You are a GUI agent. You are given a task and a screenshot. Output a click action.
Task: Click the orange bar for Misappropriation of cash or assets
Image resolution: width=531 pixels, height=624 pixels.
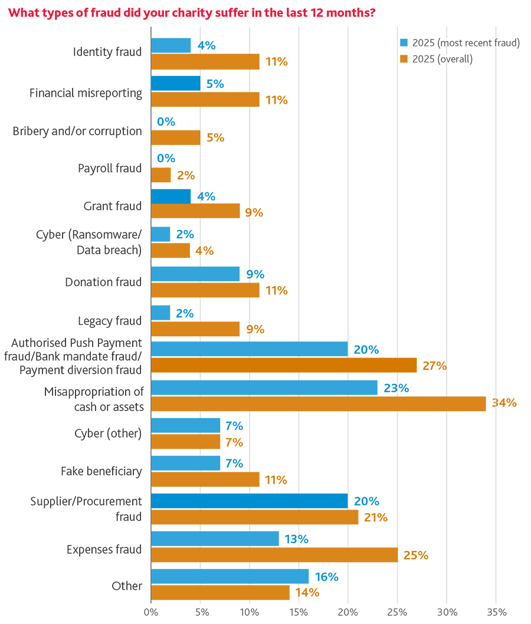pyautogui.click(x=319, y=404)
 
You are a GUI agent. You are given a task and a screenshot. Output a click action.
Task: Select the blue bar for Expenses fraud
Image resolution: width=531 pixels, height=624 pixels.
pyautogui.click(x=215, y=539)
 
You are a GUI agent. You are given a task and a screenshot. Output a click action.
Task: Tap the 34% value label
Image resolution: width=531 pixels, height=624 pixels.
pyautogui.click(x=504, y=403)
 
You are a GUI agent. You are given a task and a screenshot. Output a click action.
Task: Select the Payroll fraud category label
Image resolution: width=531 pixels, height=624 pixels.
pyautogui.click(x=110, y=168)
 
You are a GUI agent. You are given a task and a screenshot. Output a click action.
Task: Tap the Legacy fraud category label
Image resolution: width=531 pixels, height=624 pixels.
pyautogui.click(x=110, y=321)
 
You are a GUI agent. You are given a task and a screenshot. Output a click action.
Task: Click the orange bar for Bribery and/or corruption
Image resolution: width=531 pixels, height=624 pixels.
pyautogui.click(x=176, y=137)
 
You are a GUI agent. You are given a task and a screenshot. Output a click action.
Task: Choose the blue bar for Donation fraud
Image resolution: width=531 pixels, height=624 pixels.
pyautogui.click(x=195, y=274)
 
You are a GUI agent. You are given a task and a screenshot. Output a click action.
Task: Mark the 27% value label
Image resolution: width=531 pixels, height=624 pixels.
pyautogui.click(x=434, y=366)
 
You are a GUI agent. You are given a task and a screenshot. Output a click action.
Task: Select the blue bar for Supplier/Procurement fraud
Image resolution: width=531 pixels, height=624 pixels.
pyautogui.click(x=249, y=501)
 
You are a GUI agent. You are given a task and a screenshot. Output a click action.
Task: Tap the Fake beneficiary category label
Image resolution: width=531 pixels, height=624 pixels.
pyautogui.click(x=101, y=471)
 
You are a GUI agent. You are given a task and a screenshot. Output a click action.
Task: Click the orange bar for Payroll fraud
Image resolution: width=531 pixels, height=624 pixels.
pyautogui.click(x=161, y=175)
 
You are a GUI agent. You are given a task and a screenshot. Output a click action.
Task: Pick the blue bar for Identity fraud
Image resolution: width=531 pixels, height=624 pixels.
pyautogui.click(x=171, y=45)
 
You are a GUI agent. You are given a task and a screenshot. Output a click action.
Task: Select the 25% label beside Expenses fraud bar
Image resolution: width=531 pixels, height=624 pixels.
pyautogui.click(x=415, y=555)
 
